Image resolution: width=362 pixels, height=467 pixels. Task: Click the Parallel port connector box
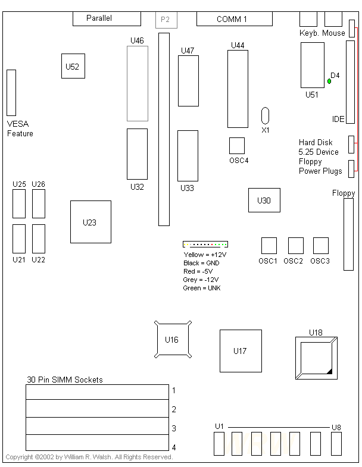[x=107, y=18]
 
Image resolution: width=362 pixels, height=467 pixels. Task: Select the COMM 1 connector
[x=234, y=19]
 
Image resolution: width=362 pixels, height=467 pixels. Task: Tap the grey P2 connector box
[x=165, y=20]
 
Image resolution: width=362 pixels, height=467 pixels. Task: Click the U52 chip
[x=73, y=66]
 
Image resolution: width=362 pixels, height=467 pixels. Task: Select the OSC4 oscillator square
[x=237, y=146]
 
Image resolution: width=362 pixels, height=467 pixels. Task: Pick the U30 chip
[x=264, y=200]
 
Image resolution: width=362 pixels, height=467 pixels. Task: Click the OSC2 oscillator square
[x=295, y=246]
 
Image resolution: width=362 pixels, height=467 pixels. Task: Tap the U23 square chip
[x=90, y=222]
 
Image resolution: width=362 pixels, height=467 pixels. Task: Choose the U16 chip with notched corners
[x=173, y=340]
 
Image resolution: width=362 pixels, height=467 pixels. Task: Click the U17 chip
[x=241, y=351]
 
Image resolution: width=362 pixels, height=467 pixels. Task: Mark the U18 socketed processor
[x=316, y=357]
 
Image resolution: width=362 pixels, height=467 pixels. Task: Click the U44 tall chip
[x=238, y=89]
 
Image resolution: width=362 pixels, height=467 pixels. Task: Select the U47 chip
[x=188, y=82]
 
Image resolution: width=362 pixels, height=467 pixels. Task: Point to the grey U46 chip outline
[x=137, y=84]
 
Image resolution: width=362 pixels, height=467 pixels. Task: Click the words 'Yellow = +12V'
[x=205, y=255]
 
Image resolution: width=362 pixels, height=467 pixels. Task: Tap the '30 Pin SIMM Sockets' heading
[x=65, y=380]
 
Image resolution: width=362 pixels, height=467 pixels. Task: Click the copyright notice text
[x=89, y=457]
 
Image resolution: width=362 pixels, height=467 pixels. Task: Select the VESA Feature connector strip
[x=11, y=92]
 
